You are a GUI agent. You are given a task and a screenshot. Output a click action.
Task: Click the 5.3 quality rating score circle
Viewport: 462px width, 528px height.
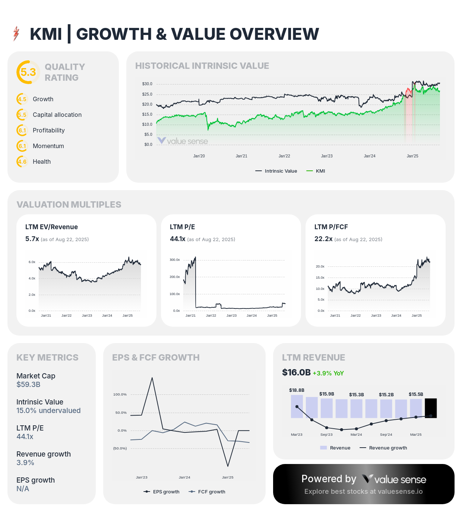28,72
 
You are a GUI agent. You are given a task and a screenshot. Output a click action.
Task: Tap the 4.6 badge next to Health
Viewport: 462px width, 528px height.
22,161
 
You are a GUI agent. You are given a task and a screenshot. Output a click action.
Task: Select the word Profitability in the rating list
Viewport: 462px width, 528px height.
49,130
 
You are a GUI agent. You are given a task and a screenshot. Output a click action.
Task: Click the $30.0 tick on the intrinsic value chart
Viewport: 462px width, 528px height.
147,84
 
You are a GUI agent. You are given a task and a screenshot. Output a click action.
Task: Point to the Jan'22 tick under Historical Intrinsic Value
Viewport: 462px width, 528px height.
284,156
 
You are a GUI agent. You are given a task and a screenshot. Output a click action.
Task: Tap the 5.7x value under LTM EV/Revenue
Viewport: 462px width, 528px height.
32,239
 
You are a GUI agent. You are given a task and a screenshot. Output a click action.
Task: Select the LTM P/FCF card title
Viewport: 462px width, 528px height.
331,227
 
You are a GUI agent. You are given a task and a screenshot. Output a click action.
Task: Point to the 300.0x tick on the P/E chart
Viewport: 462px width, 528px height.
175,260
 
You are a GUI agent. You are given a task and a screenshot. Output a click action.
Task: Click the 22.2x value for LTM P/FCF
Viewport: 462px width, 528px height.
323,239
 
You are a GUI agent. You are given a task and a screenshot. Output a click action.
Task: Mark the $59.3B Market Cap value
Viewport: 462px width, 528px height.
28,384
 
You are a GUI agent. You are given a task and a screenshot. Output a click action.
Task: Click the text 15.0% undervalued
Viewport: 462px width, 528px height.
48,410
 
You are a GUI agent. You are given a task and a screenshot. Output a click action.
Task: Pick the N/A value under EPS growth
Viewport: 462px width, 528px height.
23,489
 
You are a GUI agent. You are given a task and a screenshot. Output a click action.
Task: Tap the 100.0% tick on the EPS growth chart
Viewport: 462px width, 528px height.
120,394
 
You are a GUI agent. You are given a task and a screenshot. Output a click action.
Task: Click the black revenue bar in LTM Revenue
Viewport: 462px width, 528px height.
431,408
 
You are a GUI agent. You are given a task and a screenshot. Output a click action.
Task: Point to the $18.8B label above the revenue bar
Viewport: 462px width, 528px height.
297,390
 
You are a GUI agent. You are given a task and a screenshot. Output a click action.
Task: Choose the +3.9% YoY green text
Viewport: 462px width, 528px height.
328,373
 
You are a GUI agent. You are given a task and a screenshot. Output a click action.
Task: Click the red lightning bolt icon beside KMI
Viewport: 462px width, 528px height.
16,33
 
